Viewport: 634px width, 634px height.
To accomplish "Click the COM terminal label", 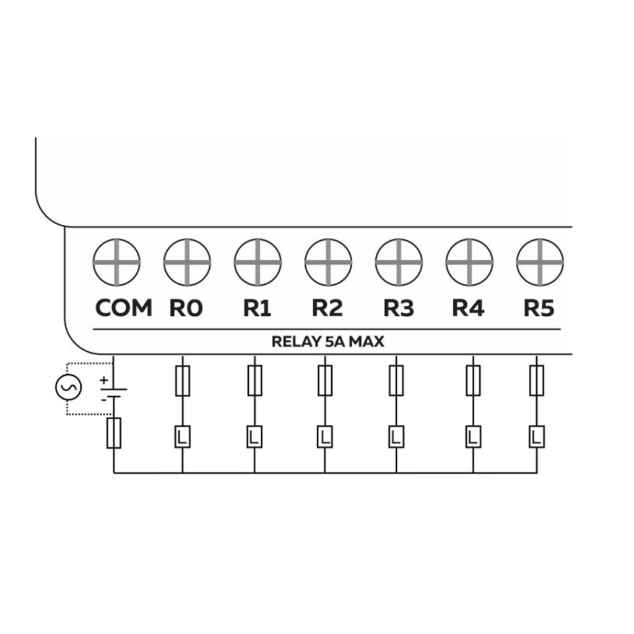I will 124,308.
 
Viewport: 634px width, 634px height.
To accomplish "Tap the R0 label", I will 186,308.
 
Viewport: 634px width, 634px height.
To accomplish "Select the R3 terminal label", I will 398,308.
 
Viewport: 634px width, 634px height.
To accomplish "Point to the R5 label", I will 539,308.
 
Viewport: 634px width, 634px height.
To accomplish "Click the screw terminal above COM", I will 116,262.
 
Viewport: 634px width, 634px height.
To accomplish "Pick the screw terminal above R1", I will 258,262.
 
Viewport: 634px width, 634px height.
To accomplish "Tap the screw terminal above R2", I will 328,262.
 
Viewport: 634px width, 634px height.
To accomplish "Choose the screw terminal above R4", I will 469,262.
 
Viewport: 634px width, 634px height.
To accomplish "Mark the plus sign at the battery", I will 103,379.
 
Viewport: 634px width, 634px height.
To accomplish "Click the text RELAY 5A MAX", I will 328,341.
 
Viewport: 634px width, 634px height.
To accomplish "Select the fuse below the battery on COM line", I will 114,433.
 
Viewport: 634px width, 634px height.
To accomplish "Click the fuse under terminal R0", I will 183,381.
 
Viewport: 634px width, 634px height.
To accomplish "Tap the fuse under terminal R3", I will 396,381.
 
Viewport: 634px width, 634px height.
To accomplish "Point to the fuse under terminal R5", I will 537,381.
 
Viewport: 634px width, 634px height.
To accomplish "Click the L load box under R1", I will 254,437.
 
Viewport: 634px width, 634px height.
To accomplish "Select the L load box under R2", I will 324,437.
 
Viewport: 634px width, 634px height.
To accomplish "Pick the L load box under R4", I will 473,437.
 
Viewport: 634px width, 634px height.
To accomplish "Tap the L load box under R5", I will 537,437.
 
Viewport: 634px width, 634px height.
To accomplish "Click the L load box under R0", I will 183,437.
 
